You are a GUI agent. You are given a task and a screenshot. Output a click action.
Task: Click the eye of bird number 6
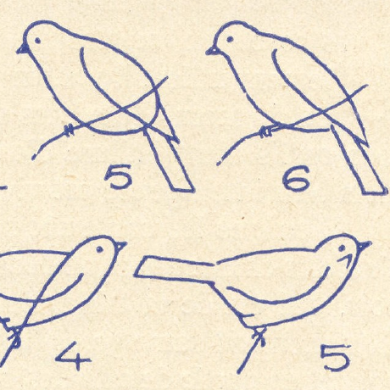click(230, 39)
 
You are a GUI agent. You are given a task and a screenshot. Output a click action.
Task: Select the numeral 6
click(297, 179)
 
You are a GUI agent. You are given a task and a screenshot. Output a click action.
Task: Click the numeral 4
click(73, 356)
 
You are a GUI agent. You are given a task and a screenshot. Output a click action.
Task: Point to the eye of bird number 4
click(99, 249)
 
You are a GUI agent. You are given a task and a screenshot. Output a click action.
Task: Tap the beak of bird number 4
click(121, 247)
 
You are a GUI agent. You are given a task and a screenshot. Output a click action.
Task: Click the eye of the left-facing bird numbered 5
click(37, 41)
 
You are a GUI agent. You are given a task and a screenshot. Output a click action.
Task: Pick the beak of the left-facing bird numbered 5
click(23, 49)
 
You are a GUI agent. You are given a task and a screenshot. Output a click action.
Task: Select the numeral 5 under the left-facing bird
click(119, 176)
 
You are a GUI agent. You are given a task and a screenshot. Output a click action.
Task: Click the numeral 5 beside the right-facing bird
click(336, 357)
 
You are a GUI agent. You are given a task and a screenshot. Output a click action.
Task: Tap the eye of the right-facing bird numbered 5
click(342, 248)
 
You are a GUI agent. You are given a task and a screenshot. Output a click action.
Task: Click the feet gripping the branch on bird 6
click(266, 131)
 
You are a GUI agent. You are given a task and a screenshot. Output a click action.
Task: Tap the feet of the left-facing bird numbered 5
click(70, 130)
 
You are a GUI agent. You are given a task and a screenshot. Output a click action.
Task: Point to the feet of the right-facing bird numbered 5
click(260, 337)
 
